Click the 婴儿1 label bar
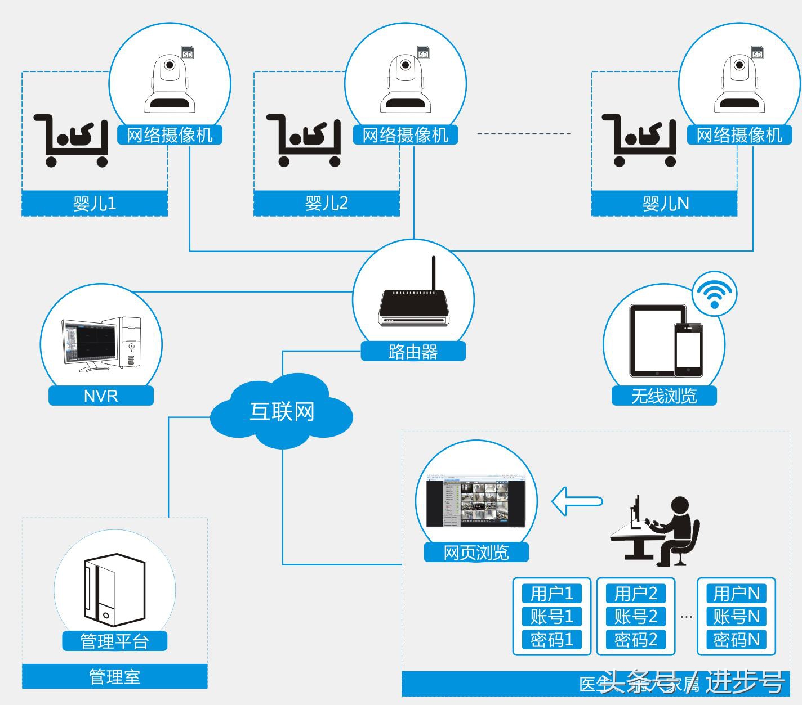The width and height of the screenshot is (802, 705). (95, 203)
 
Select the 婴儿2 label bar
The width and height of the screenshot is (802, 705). (327, 203)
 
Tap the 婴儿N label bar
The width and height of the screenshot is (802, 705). (665, 203)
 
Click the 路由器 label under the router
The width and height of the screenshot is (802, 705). (413, 352)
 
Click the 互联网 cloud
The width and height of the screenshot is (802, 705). (282, 412)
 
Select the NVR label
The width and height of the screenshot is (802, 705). (101, 396)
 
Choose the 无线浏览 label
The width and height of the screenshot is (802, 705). (664, 396)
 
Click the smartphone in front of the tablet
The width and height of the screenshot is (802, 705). (688, 349)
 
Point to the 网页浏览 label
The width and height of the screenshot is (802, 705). (476, 552)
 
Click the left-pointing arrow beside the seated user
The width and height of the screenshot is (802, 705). (577, 501)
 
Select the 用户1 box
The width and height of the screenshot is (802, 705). (551, 593)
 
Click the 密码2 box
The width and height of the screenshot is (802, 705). (635, 640)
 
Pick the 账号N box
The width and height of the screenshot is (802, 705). (736, 617)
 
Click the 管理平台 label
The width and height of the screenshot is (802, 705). (114, 641)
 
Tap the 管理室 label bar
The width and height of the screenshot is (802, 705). (114, 676)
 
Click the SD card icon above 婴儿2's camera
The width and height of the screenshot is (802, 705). (423, 52)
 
